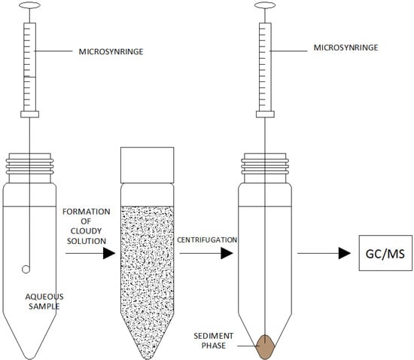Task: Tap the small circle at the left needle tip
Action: click(28, 269)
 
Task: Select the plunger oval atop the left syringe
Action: click(29, 6)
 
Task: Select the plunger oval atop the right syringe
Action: click(263, 6)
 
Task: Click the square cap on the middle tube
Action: click(147, 162)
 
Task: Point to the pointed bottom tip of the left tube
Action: click(29, 354)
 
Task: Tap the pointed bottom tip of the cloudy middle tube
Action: click(147, 354)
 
